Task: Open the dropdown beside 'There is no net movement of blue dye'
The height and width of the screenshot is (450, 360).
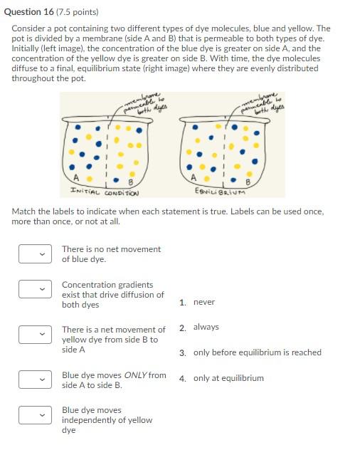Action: [x=33, y=253]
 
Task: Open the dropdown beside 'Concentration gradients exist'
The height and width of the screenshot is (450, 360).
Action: [x=33, y=288]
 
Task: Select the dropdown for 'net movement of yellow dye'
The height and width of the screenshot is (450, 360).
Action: [x=33, y=334]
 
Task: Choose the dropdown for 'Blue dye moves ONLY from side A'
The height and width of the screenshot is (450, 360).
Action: [x=33, y=380]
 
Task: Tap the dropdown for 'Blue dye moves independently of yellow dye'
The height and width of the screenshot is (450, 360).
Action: [x=33, y=414]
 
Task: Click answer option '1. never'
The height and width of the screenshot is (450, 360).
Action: [x=197, y=302]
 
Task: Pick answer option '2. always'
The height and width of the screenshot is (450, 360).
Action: [x=199, y=328]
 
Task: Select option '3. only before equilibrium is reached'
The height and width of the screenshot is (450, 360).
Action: [x=250, y=352]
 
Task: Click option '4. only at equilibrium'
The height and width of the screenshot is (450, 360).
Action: [x=221, y=378]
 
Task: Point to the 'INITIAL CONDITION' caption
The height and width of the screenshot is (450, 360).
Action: [x=105, y=192]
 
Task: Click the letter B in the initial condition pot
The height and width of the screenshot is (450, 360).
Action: [x=132, y=181]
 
